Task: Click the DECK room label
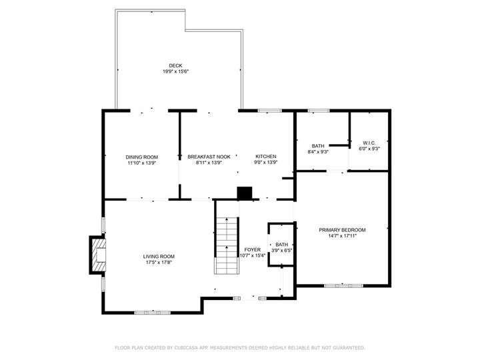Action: coord(175,65)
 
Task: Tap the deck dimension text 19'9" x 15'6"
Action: coord(175,71)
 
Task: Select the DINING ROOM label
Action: coord(141,157)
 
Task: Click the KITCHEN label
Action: coord(265,157)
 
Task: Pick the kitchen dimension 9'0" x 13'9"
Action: coord(265,162)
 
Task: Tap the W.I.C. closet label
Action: coord(369,143)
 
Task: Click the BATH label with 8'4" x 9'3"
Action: coord(318,146)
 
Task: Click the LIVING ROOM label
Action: coord(159,256)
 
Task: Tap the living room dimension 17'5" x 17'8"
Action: coord(159,262)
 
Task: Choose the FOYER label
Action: coord(252,249)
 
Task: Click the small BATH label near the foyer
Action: coord(282,245)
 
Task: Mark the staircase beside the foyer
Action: coord(226,245)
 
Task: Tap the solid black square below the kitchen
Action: coord(245,193)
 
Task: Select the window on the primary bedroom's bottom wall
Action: coord(343,285)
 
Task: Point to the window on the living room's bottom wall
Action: coord(153,311)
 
